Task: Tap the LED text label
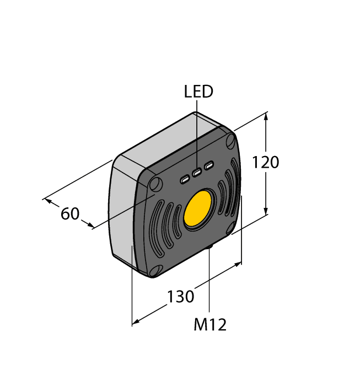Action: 198,92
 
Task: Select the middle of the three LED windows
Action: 197,173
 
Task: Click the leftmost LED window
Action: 185,179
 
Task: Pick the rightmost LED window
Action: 208,166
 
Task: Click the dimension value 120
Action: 266,163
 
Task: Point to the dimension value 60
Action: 70,213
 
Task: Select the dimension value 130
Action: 181,297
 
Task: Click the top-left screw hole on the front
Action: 155,183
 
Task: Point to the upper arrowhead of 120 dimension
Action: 266,115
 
